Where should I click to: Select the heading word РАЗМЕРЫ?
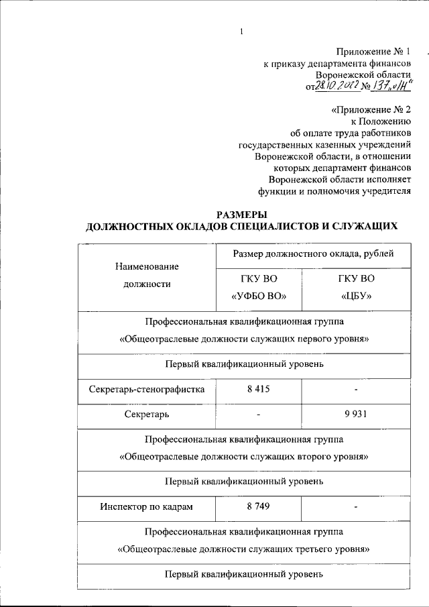pos(241,215)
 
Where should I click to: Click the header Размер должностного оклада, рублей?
pos(312,253)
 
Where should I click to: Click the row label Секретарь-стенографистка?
pos(147,389)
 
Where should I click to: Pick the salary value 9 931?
pos(357,415)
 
